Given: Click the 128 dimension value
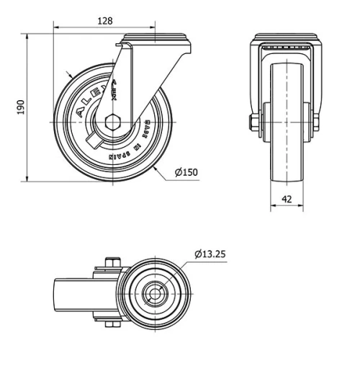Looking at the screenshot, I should (x=106, y=22).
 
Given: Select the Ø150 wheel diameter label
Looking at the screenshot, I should (x=186, y=172).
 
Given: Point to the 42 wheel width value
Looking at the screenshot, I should (x=287, y=200).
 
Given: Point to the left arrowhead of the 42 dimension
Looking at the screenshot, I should (x=272, y=208).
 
